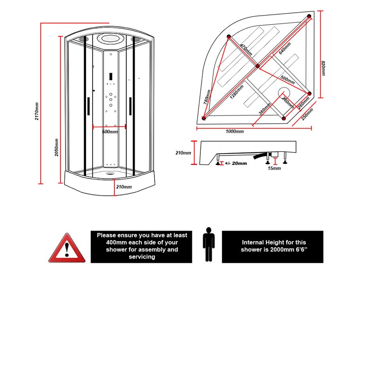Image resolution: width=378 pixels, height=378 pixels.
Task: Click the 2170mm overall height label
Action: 37,111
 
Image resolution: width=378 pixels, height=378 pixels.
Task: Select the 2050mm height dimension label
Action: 56,147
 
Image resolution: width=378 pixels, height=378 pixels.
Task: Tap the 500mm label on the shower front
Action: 110,132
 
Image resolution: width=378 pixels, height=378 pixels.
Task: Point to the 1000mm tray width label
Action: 234,131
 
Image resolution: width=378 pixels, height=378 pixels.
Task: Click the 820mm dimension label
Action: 323,68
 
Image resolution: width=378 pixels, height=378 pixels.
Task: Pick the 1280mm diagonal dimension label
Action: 237,92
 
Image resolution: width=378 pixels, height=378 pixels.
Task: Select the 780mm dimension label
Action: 207,97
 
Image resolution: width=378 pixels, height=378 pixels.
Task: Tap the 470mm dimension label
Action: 246,50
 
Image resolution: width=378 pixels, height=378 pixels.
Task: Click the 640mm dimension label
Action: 285,48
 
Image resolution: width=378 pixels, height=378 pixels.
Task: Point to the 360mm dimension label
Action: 265,109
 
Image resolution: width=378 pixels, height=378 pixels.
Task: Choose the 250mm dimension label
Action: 308,114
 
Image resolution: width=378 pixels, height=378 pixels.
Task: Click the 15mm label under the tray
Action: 274,168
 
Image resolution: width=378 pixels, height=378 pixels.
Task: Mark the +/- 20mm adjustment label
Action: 236,163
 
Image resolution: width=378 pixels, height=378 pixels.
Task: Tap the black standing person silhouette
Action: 209,244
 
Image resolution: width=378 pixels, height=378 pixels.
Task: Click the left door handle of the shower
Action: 88,106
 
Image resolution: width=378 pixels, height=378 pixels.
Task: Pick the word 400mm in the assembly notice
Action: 116,242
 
